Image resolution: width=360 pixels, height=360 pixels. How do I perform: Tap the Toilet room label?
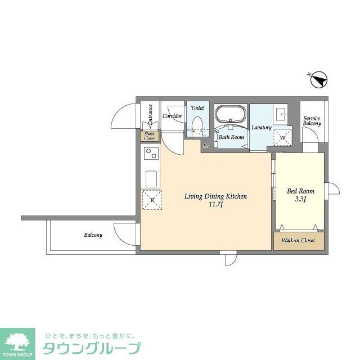[197, 107]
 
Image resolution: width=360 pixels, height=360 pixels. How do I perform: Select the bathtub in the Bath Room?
[231, 116]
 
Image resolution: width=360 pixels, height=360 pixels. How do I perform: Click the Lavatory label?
[262, 128]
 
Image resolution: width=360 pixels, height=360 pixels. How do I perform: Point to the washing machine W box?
[282, 137]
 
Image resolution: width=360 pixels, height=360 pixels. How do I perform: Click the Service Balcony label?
[312, 120]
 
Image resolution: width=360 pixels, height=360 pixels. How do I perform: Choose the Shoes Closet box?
[149, 136]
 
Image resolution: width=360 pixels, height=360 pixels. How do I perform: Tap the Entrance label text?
[150, 115]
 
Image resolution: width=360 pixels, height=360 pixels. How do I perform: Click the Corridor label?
[172, 116]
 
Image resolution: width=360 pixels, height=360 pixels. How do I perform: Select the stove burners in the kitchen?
[151, 153]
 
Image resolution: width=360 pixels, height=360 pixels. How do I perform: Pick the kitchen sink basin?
[151, 179]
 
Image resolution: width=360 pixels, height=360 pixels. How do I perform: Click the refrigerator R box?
[151, 200]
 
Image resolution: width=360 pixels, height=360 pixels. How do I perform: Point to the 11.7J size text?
[216, 205]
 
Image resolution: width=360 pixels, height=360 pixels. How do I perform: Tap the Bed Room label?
[300, 191]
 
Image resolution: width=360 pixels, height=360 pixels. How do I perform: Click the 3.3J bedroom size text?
[300, 200]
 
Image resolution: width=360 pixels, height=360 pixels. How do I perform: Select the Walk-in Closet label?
[298, 241]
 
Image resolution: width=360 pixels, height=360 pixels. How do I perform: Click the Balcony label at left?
[93, 235]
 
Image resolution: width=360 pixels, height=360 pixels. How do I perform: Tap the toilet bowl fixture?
[197, 124]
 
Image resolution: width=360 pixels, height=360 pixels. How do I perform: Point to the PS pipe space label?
[206, 146]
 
